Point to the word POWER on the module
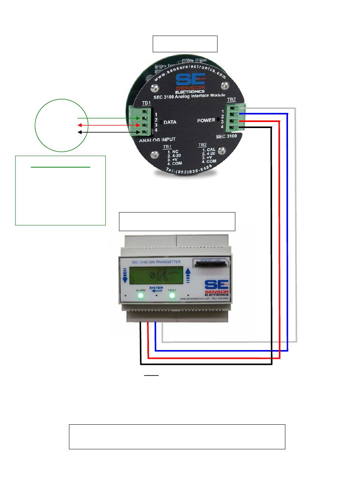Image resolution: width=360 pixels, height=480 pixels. pos(206,120)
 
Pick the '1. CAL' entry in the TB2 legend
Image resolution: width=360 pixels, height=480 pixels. pos(208,150)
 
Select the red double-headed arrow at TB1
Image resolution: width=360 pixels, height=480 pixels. pos(108,125)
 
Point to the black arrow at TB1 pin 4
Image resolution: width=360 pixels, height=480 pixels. pos(108,132)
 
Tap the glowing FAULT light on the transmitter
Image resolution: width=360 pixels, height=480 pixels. pos(172,295)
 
